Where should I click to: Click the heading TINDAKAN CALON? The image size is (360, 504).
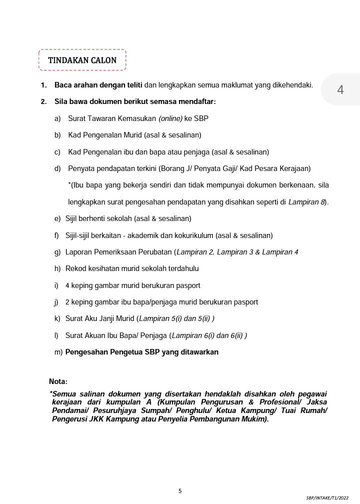[x=82, y=60]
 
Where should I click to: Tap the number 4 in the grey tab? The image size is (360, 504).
[x=340, y=90]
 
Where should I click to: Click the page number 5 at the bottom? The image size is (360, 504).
[x=180, y=490]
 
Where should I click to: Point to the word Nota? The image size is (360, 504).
[x=57, y=381]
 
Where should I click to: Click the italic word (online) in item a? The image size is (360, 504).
[x=170, y=118]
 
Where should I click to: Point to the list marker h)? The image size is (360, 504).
[x=57, y=268]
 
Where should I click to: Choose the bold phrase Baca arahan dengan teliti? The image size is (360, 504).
[x=98, y=85]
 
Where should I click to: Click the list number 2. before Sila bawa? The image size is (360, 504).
[x=44, y=102]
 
